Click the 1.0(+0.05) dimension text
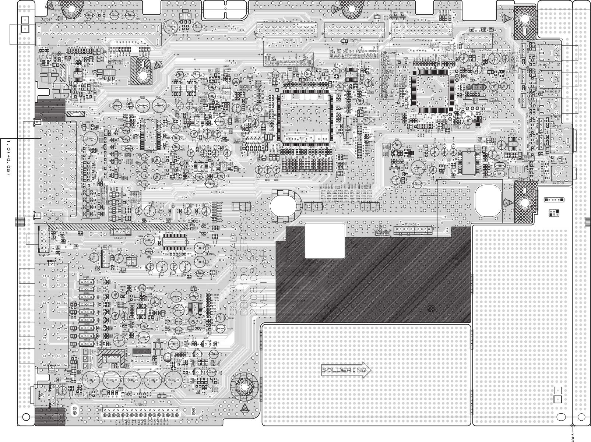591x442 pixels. (8, 156)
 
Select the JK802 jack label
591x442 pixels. (52, 372)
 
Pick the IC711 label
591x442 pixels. (105, 250)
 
